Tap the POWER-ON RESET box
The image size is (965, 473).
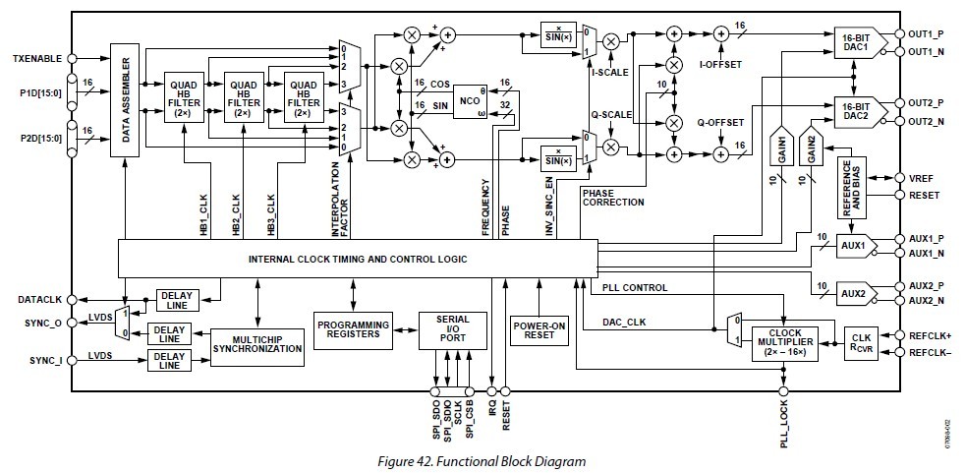[538, 328]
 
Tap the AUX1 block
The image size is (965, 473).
[852, 245]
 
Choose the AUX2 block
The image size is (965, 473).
[852, 292]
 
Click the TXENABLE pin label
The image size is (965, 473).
[37, 57]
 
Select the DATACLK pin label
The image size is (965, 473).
[39, 299]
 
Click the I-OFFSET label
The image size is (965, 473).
[719, 66]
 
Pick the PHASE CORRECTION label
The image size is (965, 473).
[612, 197]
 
